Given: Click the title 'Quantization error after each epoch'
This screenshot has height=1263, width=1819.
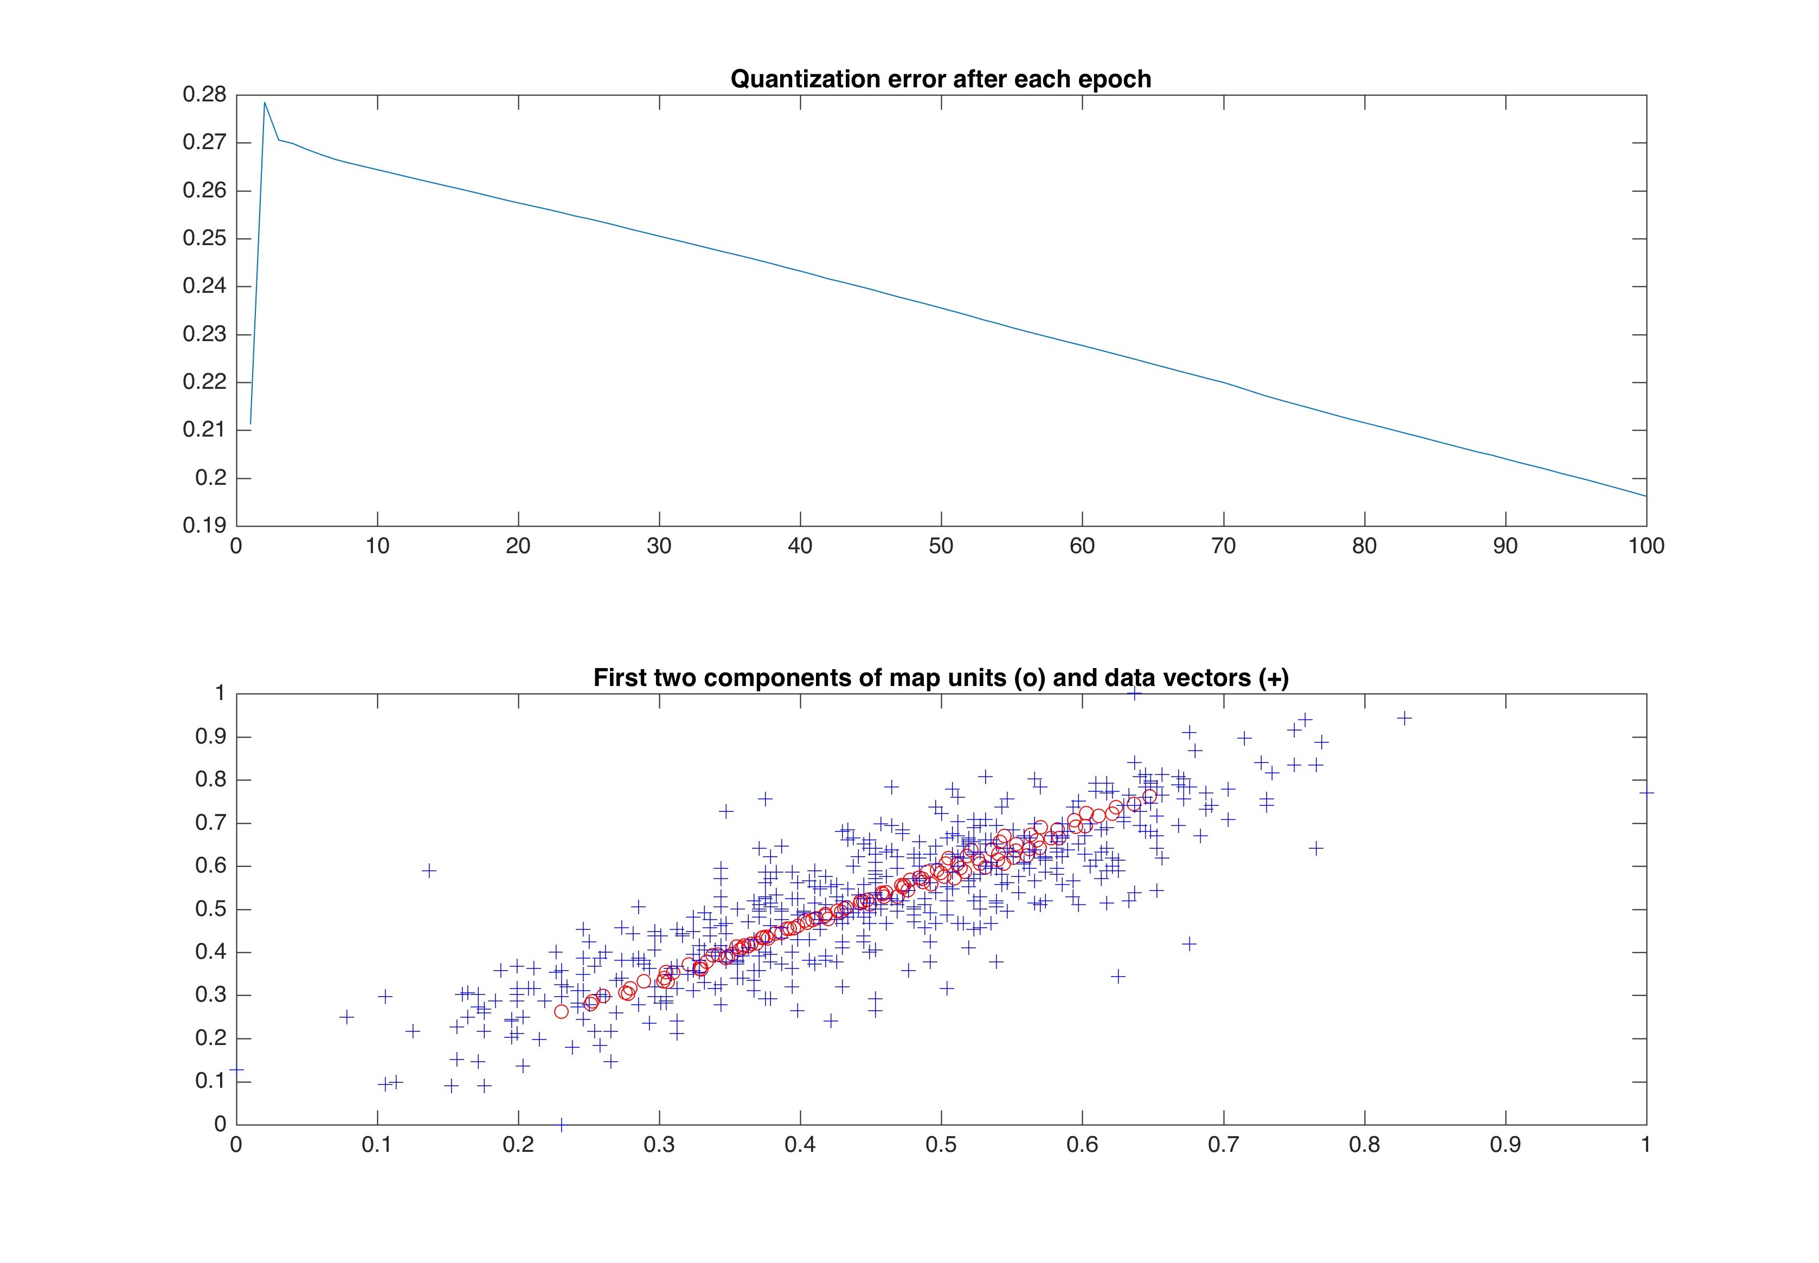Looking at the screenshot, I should [940, 79].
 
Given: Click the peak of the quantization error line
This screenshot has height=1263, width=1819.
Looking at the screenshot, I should [264, 102].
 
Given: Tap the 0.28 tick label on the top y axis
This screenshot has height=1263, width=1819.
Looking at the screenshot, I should [204, 95].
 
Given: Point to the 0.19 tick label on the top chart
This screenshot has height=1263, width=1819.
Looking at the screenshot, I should [204, 525].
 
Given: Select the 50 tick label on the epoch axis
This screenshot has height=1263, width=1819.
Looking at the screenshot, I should [940, 546].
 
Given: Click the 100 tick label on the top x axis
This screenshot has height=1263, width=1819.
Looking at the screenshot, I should [1646, 546].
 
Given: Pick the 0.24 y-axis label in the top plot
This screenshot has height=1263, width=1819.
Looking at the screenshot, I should [204, 286].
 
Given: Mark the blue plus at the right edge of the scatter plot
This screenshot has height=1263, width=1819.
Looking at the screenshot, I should [1646, 791].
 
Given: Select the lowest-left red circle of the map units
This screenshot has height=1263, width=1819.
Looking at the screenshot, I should [561, 1011].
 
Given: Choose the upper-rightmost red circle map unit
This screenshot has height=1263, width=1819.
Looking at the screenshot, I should [1149, 796].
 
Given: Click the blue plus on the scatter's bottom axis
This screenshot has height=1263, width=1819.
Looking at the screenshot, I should [561, 1124].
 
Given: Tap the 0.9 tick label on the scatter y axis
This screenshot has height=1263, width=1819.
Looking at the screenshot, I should [210, 737].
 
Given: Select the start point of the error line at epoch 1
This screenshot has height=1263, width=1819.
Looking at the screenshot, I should [251, 424].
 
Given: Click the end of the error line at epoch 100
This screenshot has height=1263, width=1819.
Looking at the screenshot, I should [1646, 496].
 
